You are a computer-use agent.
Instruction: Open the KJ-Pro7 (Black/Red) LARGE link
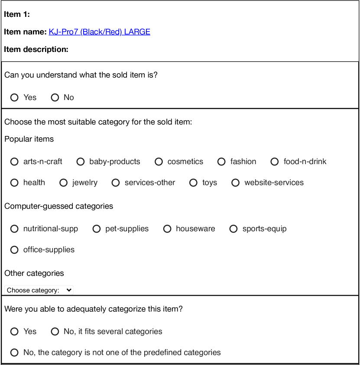tap(99, 32)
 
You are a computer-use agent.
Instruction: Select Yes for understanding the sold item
tap(15, 97)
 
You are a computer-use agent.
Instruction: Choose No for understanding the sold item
tap(55, 97)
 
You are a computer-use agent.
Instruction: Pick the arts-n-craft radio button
tap(15, 162)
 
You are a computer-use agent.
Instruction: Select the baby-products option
tap(81, 162)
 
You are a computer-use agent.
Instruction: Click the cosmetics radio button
tap(159, 162)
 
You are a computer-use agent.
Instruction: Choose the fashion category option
tap(222, 162)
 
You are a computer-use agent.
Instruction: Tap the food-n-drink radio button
tap(275, 162)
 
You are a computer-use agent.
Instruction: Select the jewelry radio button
tap(64, 183)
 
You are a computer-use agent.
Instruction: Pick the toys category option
tap(194, 183)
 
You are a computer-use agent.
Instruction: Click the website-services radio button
tap(236, 183)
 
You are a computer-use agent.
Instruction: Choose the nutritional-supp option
tap(15, 229)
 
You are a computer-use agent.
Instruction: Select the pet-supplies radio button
tap(97, 229)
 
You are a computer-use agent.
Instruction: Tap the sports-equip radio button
tap(234, 229)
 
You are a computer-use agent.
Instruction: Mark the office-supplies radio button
tap(15, 250)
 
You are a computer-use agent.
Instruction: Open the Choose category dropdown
tap(39, 290)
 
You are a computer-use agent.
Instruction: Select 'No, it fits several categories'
tap(55, 332)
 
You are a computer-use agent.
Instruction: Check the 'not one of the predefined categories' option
tap(15, 352)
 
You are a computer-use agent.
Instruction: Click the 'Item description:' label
tap(36, 49)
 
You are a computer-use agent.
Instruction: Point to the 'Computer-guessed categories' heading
tap(58, 206)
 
